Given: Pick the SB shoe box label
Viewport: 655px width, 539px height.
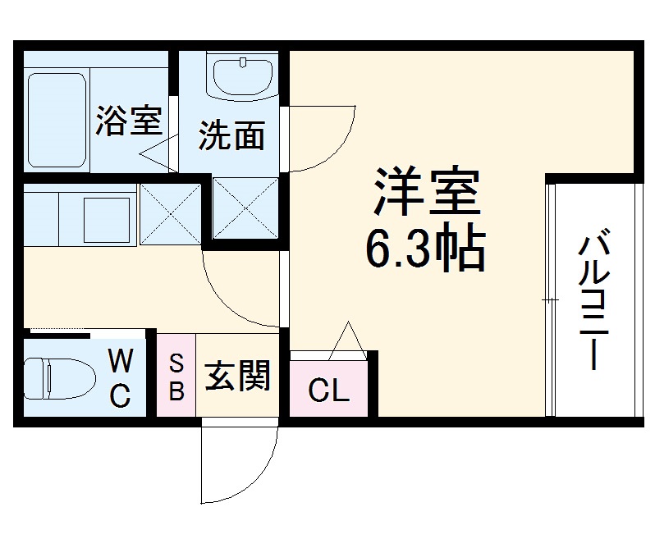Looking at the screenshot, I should click(x=176, y=377).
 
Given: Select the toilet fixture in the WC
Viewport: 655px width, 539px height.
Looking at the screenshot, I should click(x=52, y=378).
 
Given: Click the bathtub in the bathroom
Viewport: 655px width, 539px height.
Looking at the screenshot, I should click(x=57, y=119).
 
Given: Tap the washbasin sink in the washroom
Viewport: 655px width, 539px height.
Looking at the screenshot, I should click(x=243, y=77).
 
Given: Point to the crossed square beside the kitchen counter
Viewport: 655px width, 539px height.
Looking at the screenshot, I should click(x=171, y=214).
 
